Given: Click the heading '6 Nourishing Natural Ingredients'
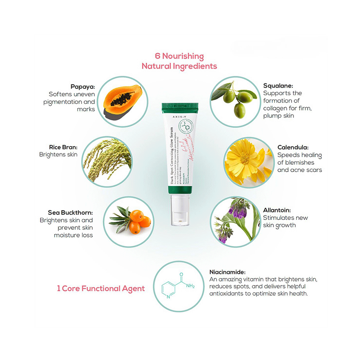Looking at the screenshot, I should click(x=179, y=61).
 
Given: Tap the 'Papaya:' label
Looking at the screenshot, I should click(x=83, y=87).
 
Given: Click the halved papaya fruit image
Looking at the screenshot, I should click(x=122, y=100).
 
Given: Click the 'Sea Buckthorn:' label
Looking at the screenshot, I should click(x=70, y=212).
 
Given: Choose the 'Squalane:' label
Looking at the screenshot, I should click(x=278, y=86).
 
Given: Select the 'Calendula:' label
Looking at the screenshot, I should click(x=292, y=147).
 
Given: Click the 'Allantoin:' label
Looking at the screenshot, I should click(x=277, y=210).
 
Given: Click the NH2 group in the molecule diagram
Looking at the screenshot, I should click(x=190, y=286).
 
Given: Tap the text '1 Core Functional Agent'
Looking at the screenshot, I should click(x=101, y=288).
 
